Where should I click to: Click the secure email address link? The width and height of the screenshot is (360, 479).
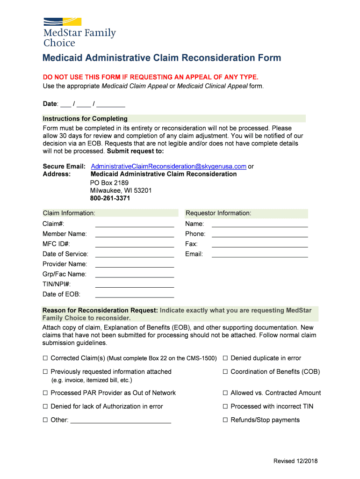pos(168,166)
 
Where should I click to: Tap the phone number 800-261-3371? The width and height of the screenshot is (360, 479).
pos(110,198)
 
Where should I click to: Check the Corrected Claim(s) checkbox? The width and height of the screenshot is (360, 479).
pos(46,358)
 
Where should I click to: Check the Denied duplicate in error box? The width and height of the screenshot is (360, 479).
pos(225,358)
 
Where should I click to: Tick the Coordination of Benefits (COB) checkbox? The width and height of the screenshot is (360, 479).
pos(225,372)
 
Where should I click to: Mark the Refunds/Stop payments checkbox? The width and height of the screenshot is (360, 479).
pos(225,420)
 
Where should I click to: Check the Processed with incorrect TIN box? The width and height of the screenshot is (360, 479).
pos(225,406)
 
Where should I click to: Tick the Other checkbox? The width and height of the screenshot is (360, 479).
pos(46,420)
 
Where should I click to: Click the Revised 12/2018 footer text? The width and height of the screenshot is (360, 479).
pos(295,461)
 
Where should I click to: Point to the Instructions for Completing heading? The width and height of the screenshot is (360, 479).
pos(85,119)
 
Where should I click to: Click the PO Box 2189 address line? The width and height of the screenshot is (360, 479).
pos(109,183)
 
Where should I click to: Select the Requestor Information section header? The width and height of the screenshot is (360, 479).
pos(218,213)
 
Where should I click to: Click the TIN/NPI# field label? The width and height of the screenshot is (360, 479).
pos(57,284)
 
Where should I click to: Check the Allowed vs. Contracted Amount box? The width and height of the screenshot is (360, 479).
pos(225,393)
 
